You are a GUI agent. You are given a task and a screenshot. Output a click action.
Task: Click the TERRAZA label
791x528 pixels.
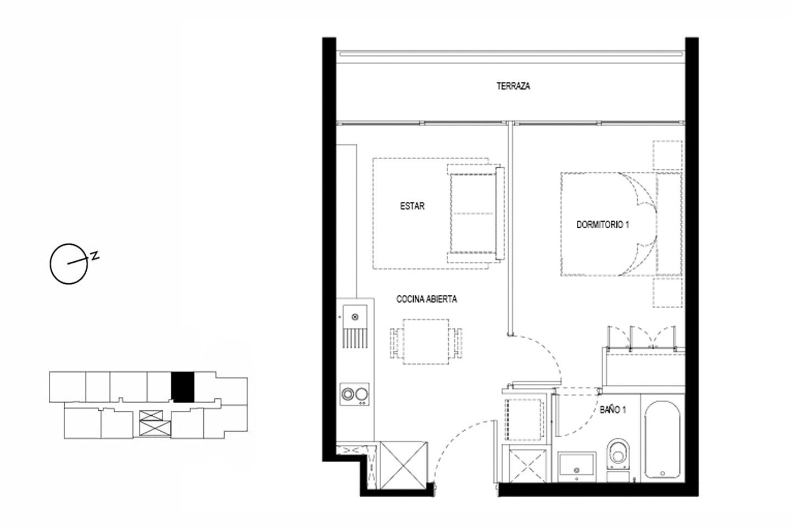click(x=513, y=86)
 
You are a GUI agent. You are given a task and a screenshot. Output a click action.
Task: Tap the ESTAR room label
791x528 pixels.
click(x=412, y=206)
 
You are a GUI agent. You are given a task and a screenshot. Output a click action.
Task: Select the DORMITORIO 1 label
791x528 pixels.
click(x=603, y=224)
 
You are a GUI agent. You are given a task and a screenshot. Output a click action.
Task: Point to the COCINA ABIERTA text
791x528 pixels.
click(x=427, y=299)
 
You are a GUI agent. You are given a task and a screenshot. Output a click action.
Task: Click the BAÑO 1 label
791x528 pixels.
click(x=613, y=410)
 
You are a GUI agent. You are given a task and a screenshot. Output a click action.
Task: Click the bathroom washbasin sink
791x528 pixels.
click(x=577, y=466)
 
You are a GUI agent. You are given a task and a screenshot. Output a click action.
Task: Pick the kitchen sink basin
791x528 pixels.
click(x=355, y=317)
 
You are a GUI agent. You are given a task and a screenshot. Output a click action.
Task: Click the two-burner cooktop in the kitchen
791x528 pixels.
click(x=354, y=394)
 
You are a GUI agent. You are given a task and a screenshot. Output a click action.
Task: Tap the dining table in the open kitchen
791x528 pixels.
click(x=426, y=342)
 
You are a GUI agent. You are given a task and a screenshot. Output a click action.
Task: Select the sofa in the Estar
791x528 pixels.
click(x=475, y=213)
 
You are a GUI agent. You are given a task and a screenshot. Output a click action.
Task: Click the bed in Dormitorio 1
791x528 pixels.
click(x=621, y=224)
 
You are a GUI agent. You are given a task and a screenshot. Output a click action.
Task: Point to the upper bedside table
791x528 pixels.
click(x=667, y=155)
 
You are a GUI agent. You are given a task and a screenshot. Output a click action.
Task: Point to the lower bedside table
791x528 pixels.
click(x=667, y=293)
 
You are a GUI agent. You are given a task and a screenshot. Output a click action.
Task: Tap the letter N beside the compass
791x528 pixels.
click(x=94, y=255)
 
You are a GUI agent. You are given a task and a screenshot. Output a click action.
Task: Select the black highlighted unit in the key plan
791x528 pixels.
click(x=182, y=387)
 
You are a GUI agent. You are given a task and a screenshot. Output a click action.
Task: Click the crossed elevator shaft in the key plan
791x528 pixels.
click(x=151, y=423)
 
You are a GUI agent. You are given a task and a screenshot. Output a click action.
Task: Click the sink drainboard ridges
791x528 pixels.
click(x=355, y=338)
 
